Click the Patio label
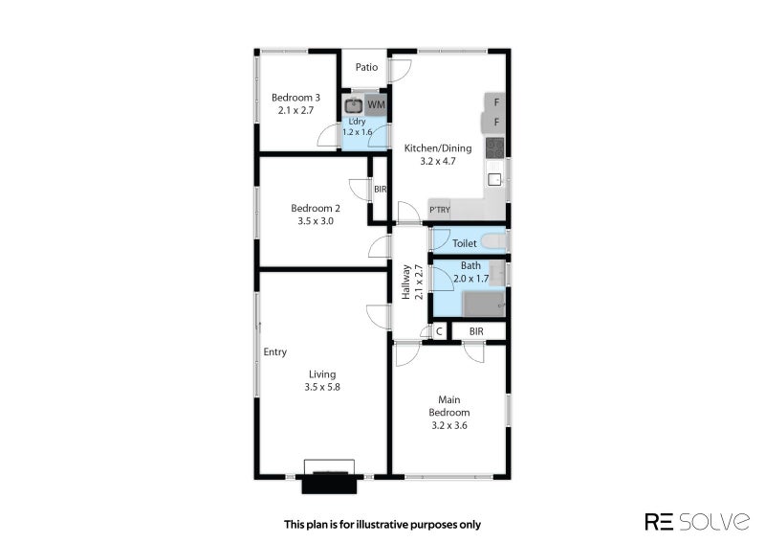tap(366, 67)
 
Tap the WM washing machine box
tap(376, 104)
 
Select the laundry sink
tap(353, 105)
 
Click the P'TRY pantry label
tap(440, 210)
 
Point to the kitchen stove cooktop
tap(494, 147)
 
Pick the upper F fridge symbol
tap(495, 102)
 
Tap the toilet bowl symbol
tap(494, 242)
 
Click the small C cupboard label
tap(439, 331)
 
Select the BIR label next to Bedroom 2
tap(380, 190)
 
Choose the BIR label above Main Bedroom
tap(476, 331)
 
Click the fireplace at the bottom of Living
tap(329, 477)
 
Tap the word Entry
tap(275, 351)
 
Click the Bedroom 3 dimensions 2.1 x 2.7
tap(295, 110)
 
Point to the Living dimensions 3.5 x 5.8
tap(322, 387)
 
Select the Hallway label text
tap(405, 282)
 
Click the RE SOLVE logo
tap(697, 521)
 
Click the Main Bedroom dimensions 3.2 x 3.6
tap(449, 426)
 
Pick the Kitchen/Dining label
tap(438, 148)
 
